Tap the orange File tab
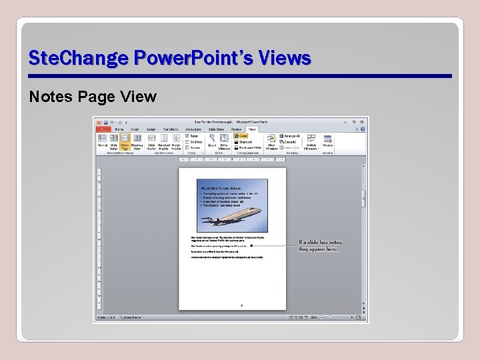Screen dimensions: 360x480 [103, 129]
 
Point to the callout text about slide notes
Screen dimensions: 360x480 [318, 245]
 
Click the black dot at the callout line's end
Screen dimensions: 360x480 [251, 245]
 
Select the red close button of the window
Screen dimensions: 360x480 [362, 122]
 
